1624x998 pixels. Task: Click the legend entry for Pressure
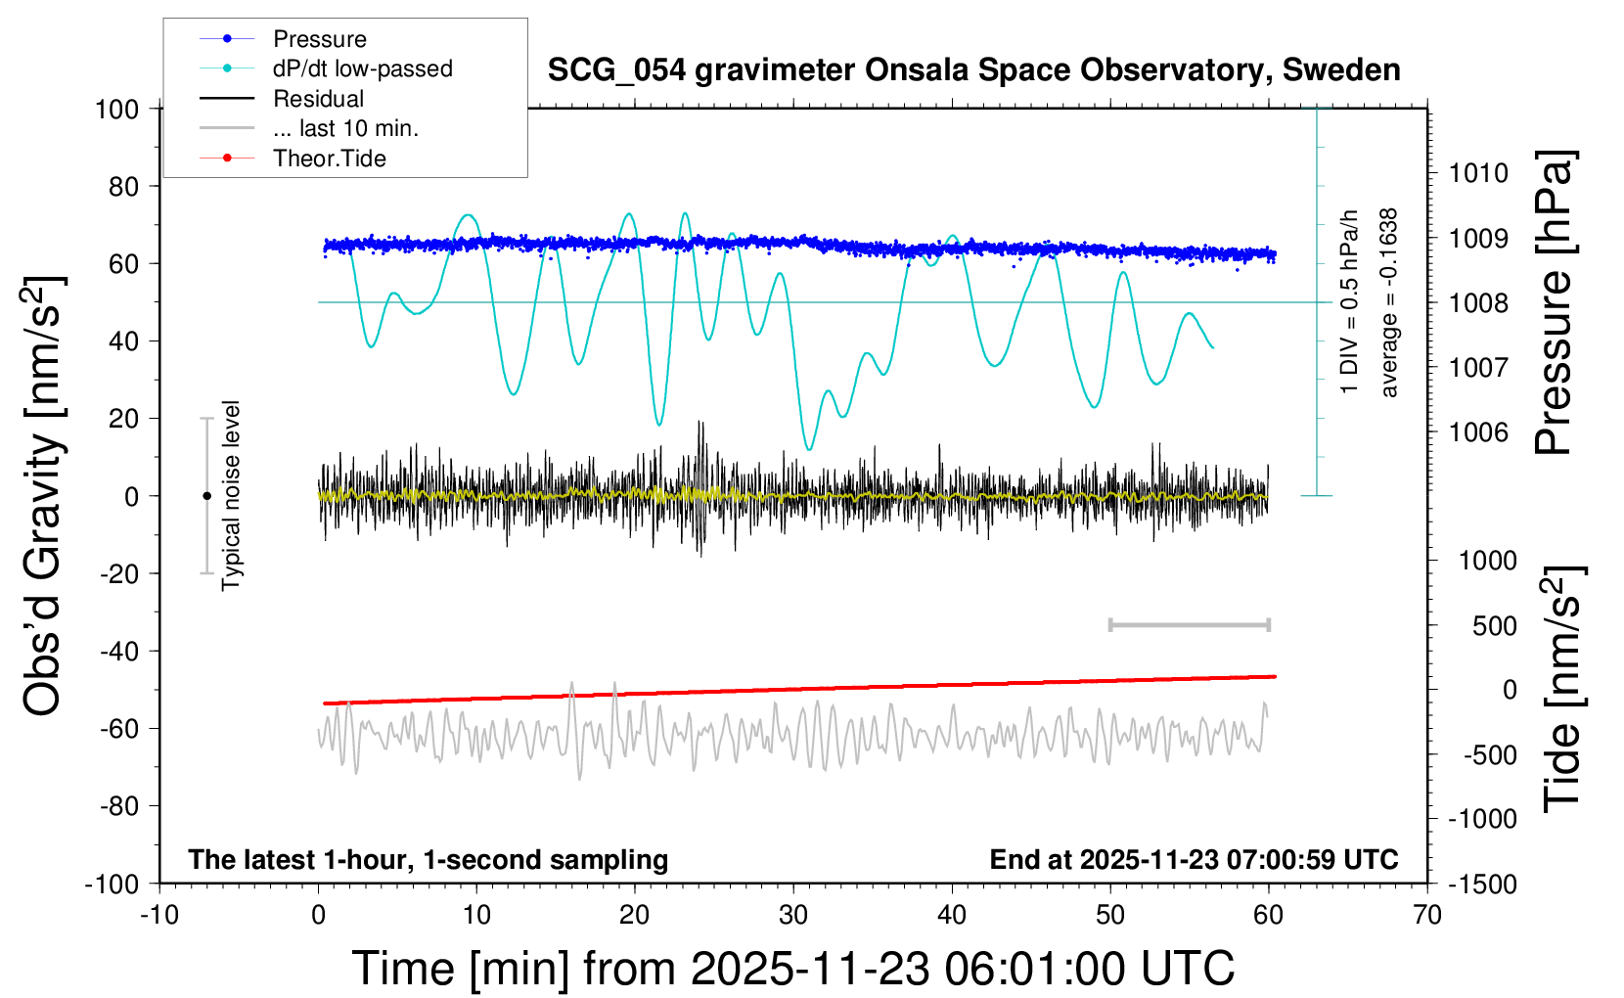[319, 39]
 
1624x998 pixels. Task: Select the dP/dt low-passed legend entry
[362, 68]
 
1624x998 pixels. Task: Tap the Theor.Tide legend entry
[329, 159]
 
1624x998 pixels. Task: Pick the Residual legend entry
[318, 99]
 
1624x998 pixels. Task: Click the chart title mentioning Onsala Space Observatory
[973, 70]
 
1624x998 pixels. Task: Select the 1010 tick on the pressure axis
[1478, 173]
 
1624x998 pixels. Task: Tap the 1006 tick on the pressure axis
[1478, 431]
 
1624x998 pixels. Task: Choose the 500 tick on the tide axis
[1494, 625]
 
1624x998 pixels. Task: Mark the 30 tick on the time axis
[793, 915]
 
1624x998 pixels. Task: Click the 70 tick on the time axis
[1427, 915]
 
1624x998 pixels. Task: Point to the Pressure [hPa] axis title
[1554, 302]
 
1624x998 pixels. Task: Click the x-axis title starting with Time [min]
[792, 969]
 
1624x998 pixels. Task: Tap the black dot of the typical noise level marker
[206, 496]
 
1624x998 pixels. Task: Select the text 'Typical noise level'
[231, 495]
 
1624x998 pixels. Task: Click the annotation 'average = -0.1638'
[1389, 302]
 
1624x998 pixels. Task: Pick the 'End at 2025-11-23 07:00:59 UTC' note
[1194, 859]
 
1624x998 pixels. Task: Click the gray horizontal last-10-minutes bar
[1189, 624]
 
